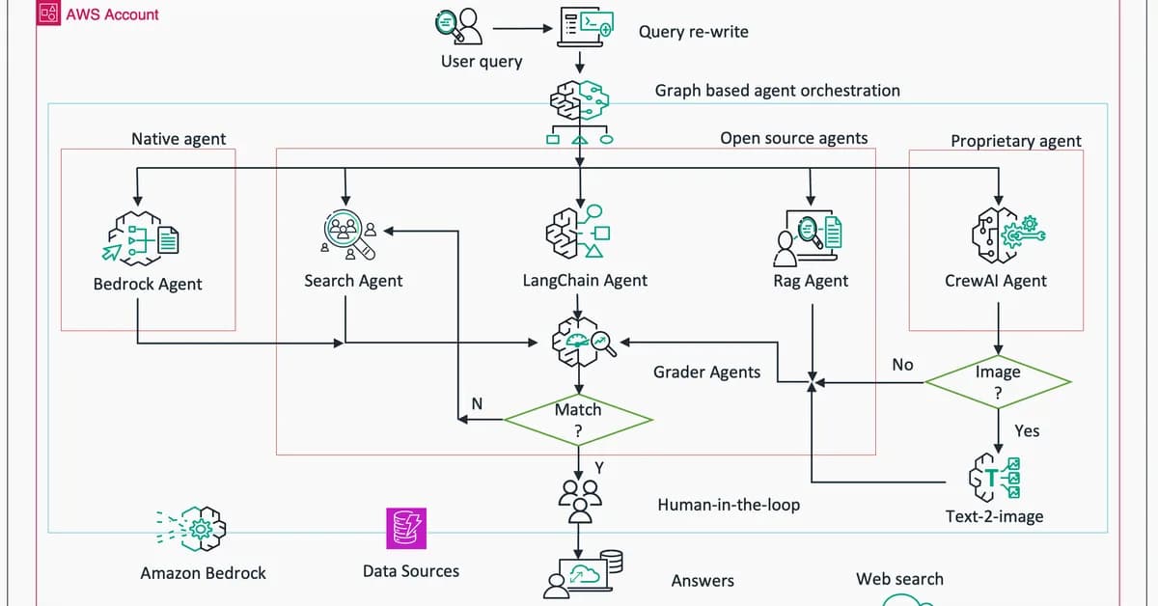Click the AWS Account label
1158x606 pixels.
point(111,14)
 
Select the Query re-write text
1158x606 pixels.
point(693,32)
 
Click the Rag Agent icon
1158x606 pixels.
point(809,235)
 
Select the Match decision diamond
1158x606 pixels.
point(578,420)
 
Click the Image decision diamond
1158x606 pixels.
point(998,382)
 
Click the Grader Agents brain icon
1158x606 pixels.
point(579,342)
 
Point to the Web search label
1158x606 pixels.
point(899,579)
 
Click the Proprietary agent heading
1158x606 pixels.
point(1015,141)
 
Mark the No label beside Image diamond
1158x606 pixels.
point(902,365)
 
